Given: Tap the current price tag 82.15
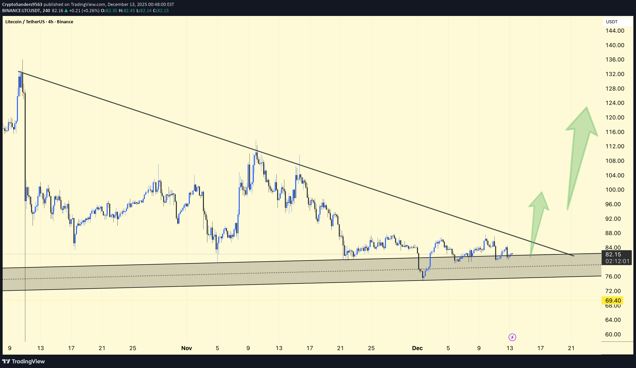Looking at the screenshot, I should (x=613, y=254).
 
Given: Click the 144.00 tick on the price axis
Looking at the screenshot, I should (x=615, y=31).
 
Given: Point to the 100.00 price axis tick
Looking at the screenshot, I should (x=615, y=190).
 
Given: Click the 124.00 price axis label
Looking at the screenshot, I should (x=615, y=103).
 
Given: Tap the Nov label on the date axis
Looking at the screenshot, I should (x=187, y=348).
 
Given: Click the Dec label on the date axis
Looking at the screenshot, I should (x=417, y=348).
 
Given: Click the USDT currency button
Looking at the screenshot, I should (x=612, y=22).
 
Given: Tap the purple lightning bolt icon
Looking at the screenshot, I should (x=512, y=337).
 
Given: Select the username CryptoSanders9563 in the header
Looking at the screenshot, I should (x=22, y=4).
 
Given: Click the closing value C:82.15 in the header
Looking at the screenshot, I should (x=161, y=11).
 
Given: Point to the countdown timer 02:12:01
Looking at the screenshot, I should (x=617, y=261).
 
